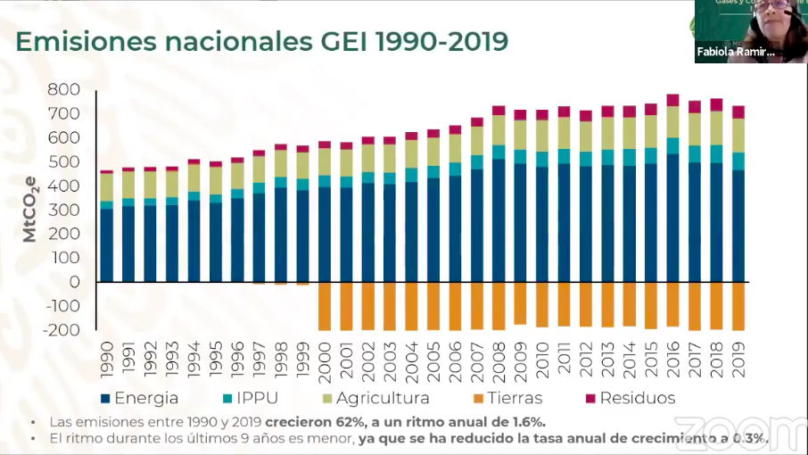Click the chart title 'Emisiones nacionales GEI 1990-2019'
tap(262, 41)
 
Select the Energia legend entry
tap(139, 398)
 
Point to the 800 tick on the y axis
tap(64, 90)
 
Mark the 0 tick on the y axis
tap(75, 282)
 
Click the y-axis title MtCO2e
tap(30, 210)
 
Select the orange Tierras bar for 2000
tap(325, 306)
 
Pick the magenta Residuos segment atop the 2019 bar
tap(738, 112)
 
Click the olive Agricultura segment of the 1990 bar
tap(107, 187)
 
